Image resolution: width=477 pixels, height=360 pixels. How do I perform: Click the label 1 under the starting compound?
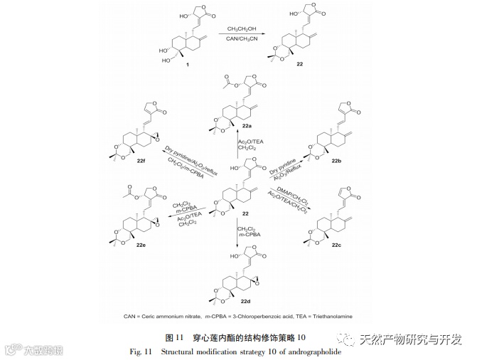click(x=187, y=65)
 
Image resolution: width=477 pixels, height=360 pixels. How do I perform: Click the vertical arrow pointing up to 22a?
click(x=238, y=147)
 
